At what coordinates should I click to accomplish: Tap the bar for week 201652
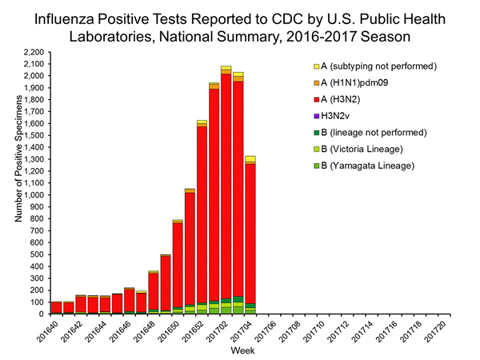click(x=202, y=216)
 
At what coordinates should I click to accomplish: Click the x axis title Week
click(x=243, y=350)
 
